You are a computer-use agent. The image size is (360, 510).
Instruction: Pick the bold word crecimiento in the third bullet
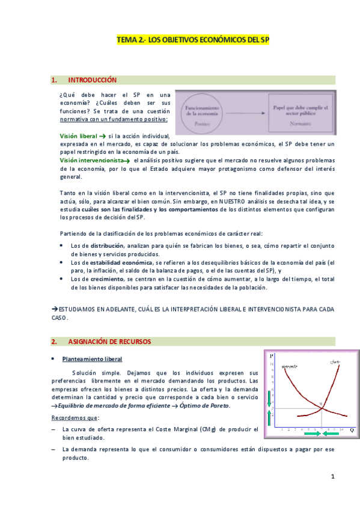(x=108, y=279)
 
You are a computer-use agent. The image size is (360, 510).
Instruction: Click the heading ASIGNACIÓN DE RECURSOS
(x=109, y=342)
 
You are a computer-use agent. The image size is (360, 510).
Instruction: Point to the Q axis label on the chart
(x=352, y=430)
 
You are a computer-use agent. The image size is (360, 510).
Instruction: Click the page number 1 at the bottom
(x=332, y=477)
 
